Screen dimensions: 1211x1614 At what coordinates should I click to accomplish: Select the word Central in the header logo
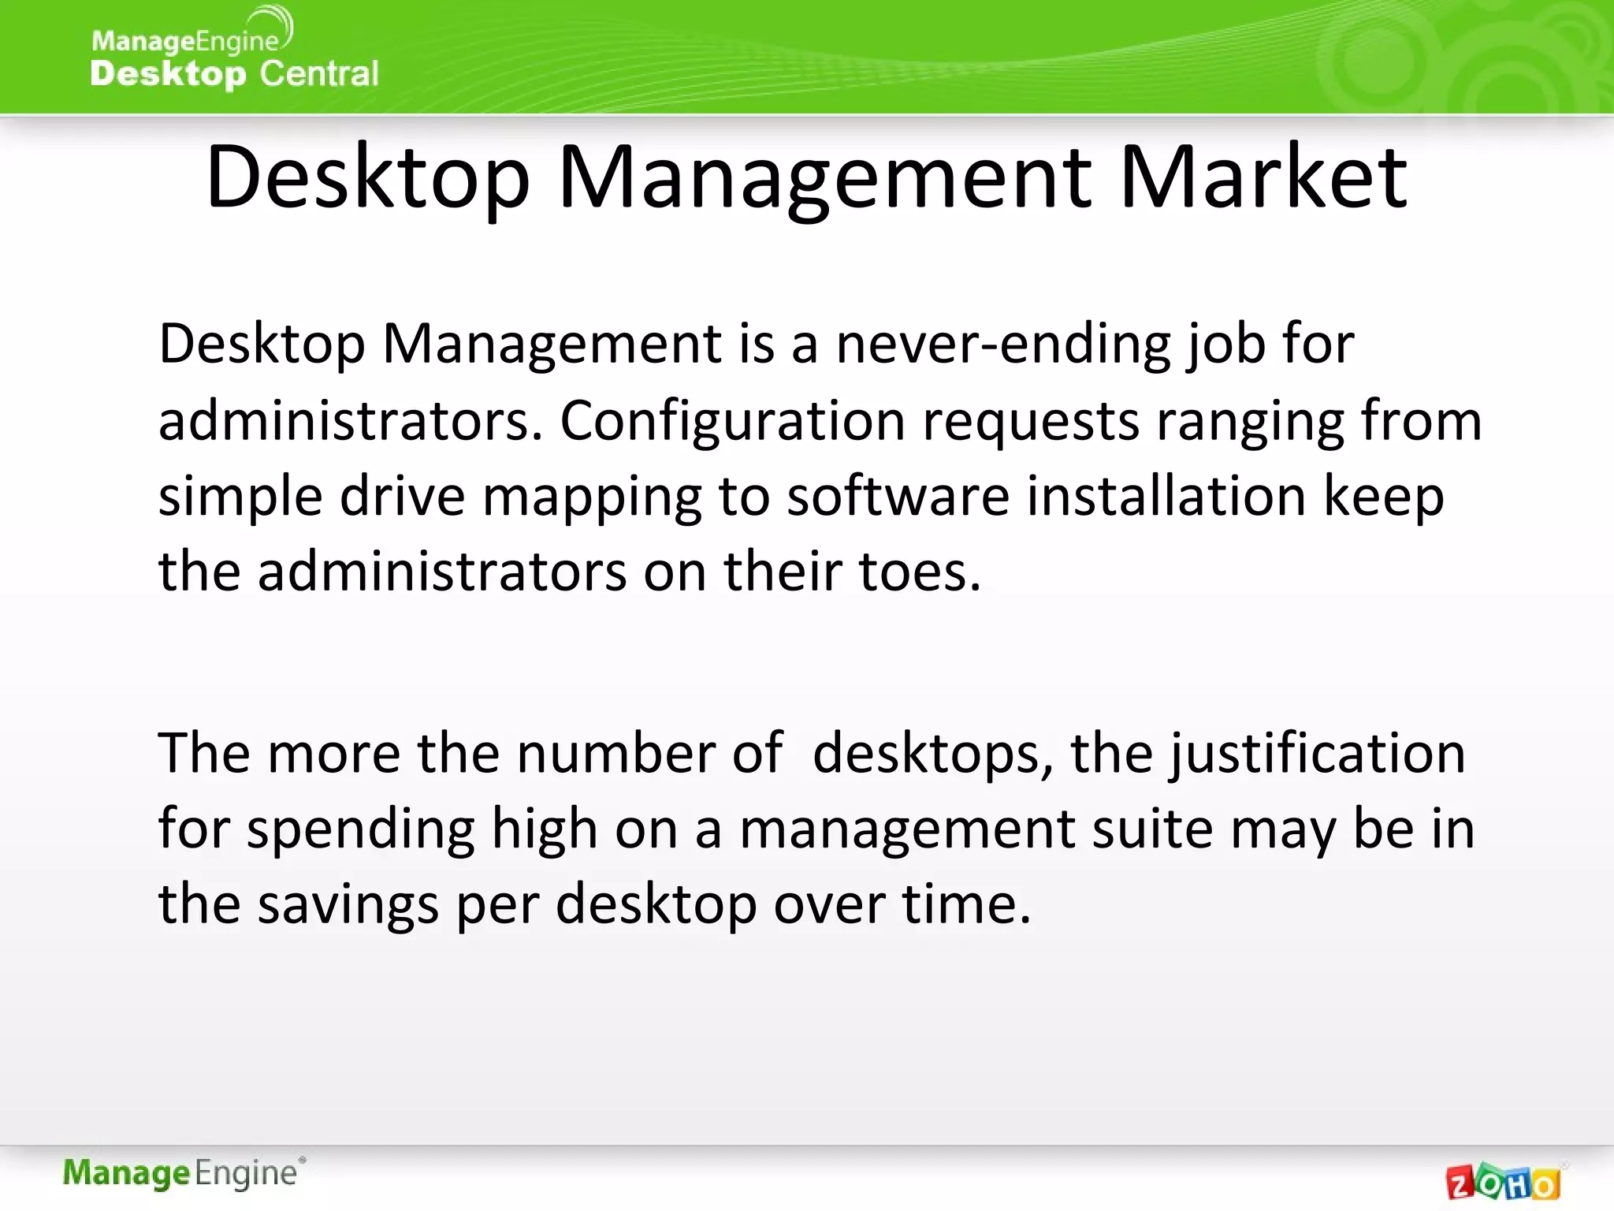coord(319,73)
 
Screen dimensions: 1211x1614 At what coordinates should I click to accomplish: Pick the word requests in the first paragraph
coord(1030,422)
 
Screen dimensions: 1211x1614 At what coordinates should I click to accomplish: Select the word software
coord(898,496)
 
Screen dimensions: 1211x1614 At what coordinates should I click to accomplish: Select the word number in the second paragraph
coord(615,753)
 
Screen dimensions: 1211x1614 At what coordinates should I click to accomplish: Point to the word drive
coord(402,496)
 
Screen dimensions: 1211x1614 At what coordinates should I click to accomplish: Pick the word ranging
coord(1250,422)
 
